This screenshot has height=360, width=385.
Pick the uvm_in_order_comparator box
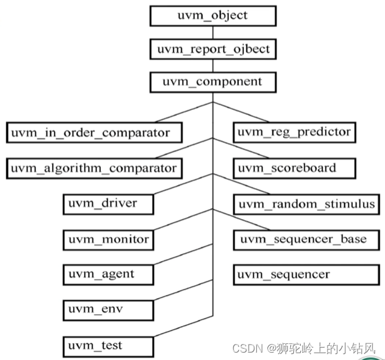[x=96, y=132]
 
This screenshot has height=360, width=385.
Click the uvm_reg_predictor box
[x=295, y=132]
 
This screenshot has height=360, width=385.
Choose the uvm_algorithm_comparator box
[x=94, y=168]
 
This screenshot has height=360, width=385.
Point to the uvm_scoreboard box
[x=295, y=168]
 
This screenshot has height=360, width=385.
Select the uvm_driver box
[x=108, y=204]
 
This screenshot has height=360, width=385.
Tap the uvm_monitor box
[x=108, y=239]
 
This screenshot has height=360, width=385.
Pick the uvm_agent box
[x=108, y=274]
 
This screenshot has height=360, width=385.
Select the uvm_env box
[x=108, y=309]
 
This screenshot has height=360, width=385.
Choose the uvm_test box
[x=108, y=344]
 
